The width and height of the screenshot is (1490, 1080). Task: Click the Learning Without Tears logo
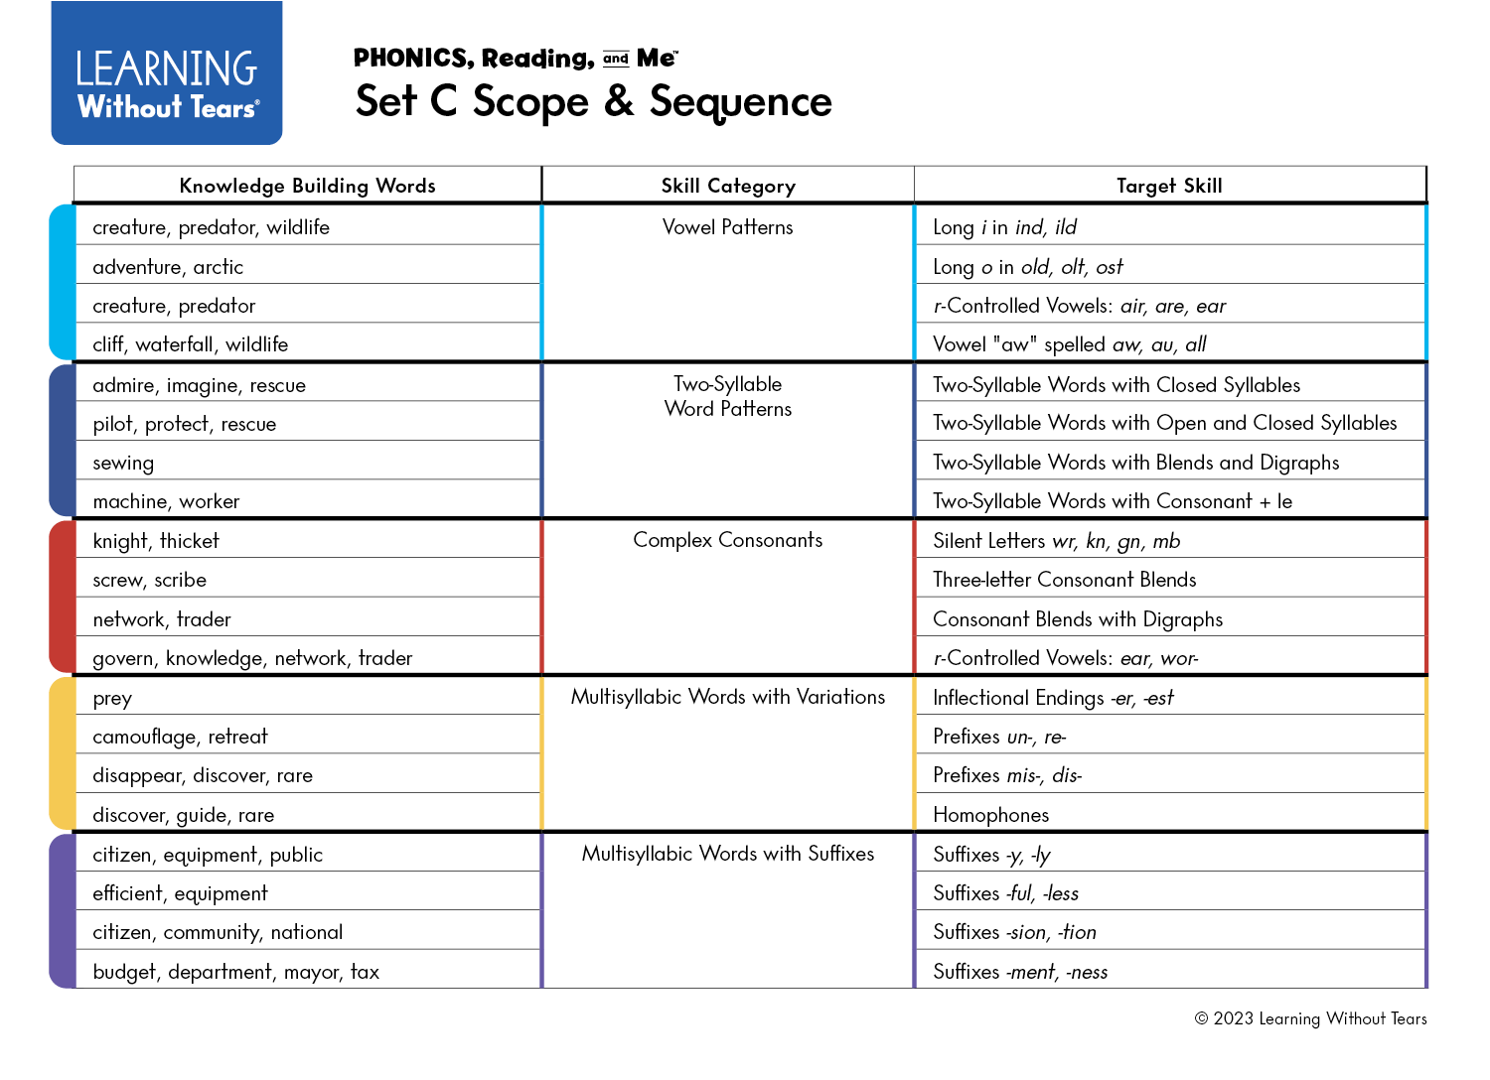pyautogui.click(x=167, y=74)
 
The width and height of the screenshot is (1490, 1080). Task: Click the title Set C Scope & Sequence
pyautogui.click(x=593, y=101)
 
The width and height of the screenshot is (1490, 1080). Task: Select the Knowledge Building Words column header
pyautogui.click(x=307, y=186)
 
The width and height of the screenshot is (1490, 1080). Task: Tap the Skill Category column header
pyautogui.click(x=728, y=186)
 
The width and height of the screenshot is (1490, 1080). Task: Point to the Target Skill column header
pyautogui.click(x=1169, y=186)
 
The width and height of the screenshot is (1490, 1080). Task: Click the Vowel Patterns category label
pyautogui.click(x=728, y=227)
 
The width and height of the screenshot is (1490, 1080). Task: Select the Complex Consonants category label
pyautogui.click(x=728, y=540)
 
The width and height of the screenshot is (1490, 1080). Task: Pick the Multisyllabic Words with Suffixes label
pyautogui.click(x=728, y=854)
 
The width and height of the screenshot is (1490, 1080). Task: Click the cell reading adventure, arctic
pyautogui.click(x=168, y=267)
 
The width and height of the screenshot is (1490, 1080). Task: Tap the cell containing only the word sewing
pyautogui.click(x=123, y=463)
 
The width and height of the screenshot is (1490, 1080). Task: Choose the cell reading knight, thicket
pyautogui.click(x=156, y=541)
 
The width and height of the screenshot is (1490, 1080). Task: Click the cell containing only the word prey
pyautogui.click(x=112, y=699)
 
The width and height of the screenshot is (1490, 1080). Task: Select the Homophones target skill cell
pyautogui.click(x=990, y=815)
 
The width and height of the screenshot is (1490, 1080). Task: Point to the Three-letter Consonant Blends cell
pyautogui.click(x=1064, y=580)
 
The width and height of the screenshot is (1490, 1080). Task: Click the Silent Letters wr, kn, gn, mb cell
pyautogui.click(x=1056, y=541)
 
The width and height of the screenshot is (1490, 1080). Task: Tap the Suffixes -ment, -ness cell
pyautogui.click(x=1020, y=972)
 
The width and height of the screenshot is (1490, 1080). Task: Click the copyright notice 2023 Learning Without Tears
pyautogui.click(x=1310, y=1018)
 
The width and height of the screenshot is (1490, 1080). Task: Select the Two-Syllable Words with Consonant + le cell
pyautogui.click(x=1113, y=501)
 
